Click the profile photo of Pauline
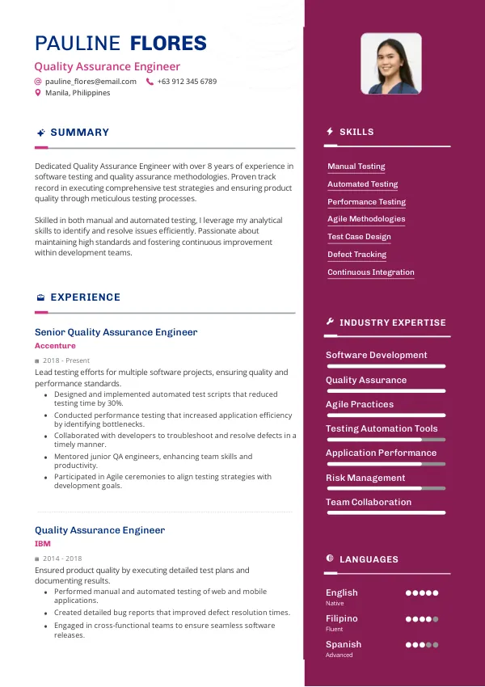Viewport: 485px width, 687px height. pos(391,64)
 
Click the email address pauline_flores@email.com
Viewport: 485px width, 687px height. pos(91,82)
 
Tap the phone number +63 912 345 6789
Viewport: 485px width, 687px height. pos(187,82)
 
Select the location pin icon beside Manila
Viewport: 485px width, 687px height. pos(38,93)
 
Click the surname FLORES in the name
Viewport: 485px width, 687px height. pos(168,44)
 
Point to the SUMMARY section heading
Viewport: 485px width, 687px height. pos(79,133)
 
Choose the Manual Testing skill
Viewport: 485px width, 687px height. pos(356,166)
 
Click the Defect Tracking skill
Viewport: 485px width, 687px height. pos(356,255)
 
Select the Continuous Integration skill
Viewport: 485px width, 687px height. pos(370,272)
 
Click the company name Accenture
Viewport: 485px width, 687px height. pos(55,346)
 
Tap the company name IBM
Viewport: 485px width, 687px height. pos(42,544)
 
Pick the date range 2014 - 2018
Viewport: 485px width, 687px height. pos(62,558)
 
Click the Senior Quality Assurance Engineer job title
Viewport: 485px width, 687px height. pos(116,332)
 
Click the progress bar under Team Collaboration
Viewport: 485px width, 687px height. pos(386,512)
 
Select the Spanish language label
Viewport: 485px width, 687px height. pos(344,644)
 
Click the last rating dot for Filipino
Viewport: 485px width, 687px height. pos(436,619)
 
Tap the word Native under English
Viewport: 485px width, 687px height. pos(335,604)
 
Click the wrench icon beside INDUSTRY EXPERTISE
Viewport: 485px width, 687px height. pos(330,322)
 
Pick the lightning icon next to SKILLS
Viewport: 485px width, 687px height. pos(330,132)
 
